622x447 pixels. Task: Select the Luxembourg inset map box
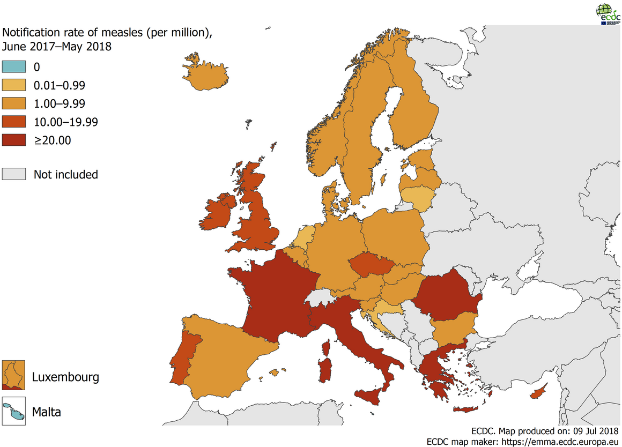point(14,375)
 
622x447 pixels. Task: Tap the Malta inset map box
point(14,411)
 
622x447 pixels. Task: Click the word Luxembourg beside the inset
point(65,377)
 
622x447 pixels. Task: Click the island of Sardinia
point(325,370)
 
